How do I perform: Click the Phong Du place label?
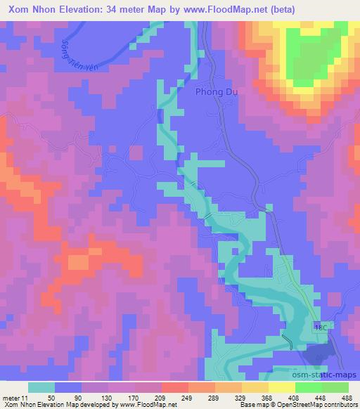tap(217, 92)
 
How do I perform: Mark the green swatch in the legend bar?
tap(308, 387)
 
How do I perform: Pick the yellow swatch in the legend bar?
tap(281, 387)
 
